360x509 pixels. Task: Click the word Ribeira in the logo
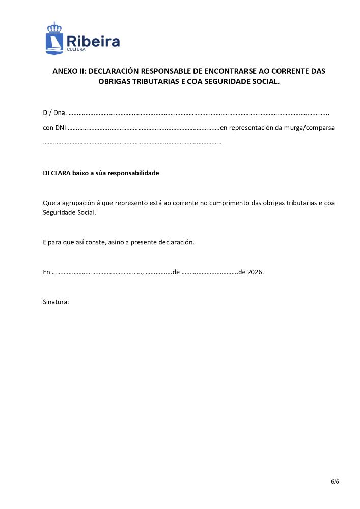(93, 41)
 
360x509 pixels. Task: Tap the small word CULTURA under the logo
(76, 50)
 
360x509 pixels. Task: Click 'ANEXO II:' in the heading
(69, 71)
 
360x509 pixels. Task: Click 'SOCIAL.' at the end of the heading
(266, 81)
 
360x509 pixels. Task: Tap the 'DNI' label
(61, 128)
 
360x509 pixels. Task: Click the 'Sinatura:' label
(56, 302)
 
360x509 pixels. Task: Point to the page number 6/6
(335, 481)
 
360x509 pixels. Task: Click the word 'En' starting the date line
(46, 272)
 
